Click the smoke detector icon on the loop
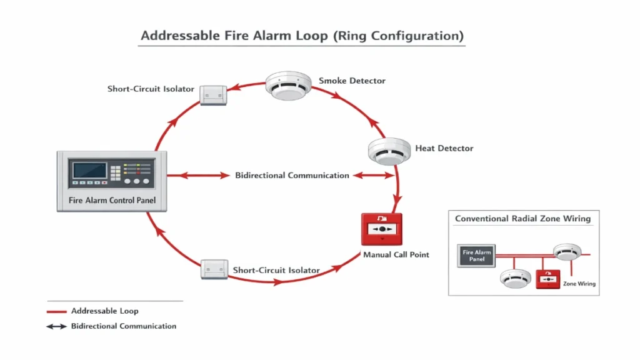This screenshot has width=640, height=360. (x=288, y=86)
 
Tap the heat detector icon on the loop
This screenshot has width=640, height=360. (x=388, y=150)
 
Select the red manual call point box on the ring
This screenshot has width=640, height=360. (x=381, y=229)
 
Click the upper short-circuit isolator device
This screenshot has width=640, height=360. (x=213, y=95)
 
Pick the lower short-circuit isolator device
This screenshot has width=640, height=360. (x=214, y=269)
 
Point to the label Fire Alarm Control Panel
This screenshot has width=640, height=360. (x=112, y=201)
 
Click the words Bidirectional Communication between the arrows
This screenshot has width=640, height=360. (x=292, y=176)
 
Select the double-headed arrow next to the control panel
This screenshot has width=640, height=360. (x=198, y=176)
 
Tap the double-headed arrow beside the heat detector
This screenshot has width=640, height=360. (x=373, y=176)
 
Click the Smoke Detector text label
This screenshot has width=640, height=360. (x=352, y=81)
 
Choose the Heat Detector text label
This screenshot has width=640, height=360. (x=444, y=149)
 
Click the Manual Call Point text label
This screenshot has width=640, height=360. (x=396, y=254)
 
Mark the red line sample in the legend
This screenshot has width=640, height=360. (x=56, y=311)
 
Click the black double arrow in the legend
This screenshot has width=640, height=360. (x=56, y=326)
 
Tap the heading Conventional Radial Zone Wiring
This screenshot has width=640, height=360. (x=522, y=219)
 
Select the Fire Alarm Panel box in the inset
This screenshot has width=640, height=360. (x=477, y=256)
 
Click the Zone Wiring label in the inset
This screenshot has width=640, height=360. (x=579, y=284)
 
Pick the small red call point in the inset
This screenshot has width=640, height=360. (x=548, y=279)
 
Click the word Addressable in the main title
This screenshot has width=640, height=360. (x=181, y=36)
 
